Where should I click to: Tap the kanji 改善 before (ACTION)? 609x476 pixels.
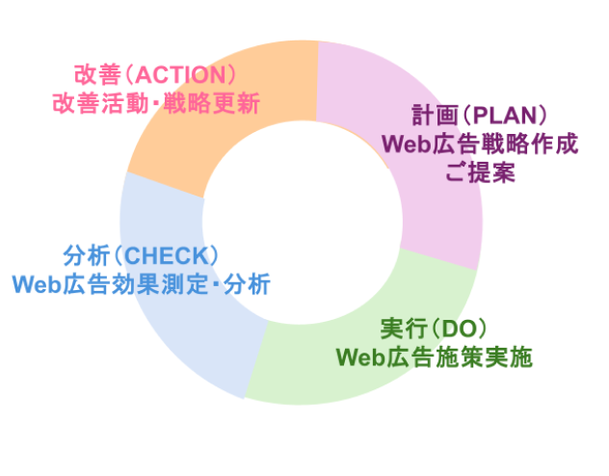(x=95, y=75)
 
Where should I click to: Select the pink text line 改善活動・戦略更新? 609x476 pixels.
(x=156, y=102)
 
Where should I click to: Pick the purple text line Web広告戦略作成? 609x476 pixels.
(x=480, y=145)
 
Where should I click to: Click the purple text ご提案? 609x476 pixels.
(x=480, y=173)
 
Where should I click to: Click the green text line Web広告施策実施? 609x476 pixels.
(x=434, y=357)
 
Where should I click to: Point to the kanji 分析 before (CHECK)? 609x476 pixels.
(x=83, y=256)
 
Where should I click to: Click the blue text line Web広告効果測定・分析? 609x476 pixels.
(x=141, y=284)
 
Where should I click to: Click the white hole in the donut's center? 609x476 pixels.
(x=301, y=231)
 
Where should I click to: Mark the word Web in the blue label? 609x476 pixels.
(x=36, y=284)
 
